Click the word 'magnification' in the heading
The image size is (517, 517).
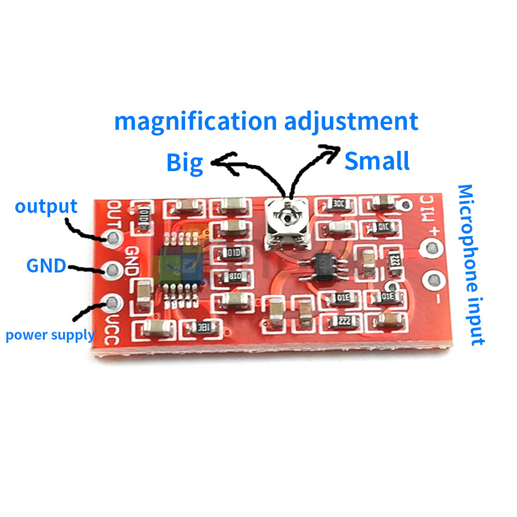tap(195, 122)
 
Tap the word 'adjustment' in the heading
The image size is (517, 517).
tap(351, 122)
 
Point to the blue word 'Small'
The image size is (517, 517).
tap(377, 161)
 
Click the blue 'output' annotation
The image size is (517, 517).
tap(46, 206)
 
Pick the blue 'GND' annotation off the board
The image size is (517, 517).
tap(46, 266)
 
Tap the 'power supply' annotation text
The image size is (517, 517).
tap(50, 335)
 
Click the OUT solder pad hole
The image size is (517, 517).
tap(113, 237)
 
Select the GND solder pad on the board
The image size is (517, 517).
tap(113, 269)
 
